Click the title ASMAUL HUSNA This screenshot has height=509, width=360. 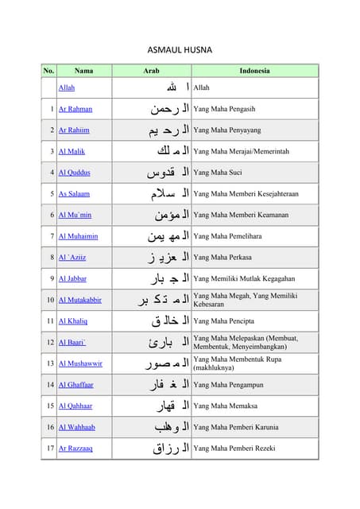pyautogui.click(x=180, y=49)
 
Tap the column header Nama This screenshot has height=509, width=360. pyautogui.click(x=83, y=71)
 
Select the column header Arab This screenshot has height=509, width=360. pyautogui.click(x=151, y=71)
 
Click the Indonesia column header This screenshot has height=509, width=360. pyautogui.click(x=254, y=71)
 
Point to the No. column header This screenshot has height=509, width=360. pyautogui.click(x=49, y=71)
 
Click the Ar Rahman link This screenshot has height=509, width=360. pyautogui.click(x=75, y=109)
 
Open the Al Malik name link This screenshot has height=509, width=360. pyautogui.click(x=72, y=151)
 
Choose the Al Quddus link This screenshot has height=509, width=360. pyautogui.click(x=75, y=173)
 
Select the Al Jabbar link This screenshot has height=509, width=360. pyautogui.click(x=73, y=278)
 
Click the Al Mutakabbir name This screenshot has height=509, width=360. pyautogui.click(x=80, y=300)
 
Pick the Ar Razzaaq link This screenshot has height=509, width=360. pyautogui.click(x=76, y=449)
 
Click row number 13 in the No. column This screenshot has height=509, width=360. pyautogui.click(x=50, y=363)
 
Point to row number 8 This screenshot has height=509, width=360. pyautogui.click(x=52, y=258)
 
